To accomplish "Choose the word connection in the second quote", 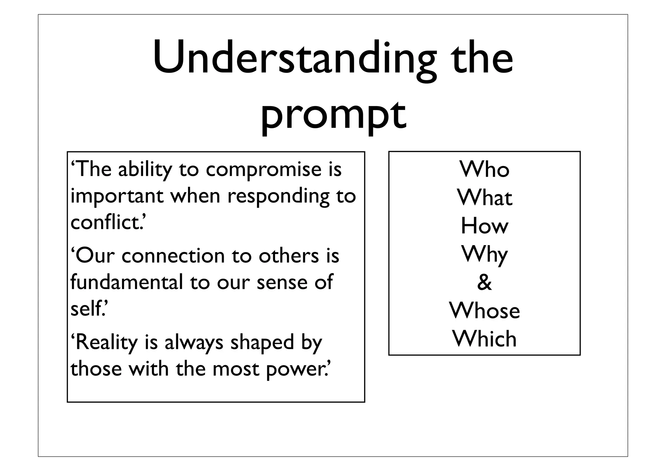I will pos(173,256).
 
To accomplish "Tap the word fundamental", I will pos(127,282).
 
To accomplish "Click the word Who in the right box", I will pos(484,170).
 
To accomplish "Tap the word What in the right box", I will pos(485,198).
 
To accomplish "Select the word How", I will pos(484,226).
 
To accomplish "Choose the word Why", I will pos(484,255).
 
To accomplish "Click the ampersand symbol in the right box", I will pos(484,283).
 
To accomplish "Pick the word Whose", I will pos(485,311).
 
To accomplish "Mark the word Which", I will pos(485,339).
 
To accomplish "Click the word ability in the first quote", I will pos(145,170).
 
